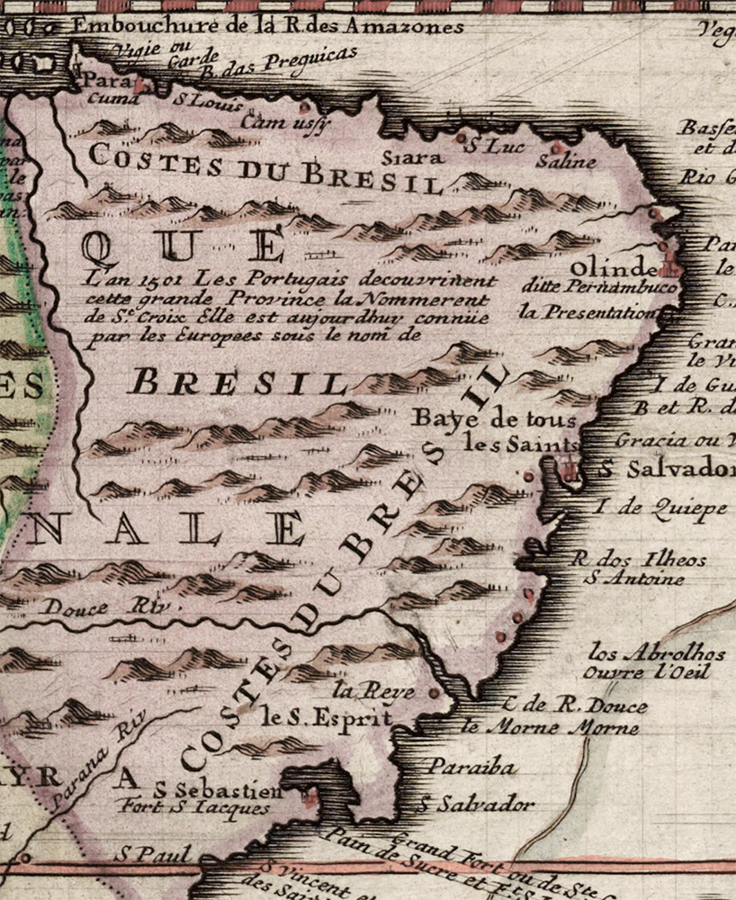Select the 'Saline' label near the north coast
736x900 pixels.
[566, 163]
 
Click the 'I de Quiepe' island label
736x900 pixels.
[660, 508]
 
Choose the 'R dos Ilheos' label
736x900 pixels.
[639, 559]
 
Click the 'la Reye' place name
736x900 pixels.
[373, 691]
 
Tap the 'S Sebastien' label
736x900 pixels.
[218, 791]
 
